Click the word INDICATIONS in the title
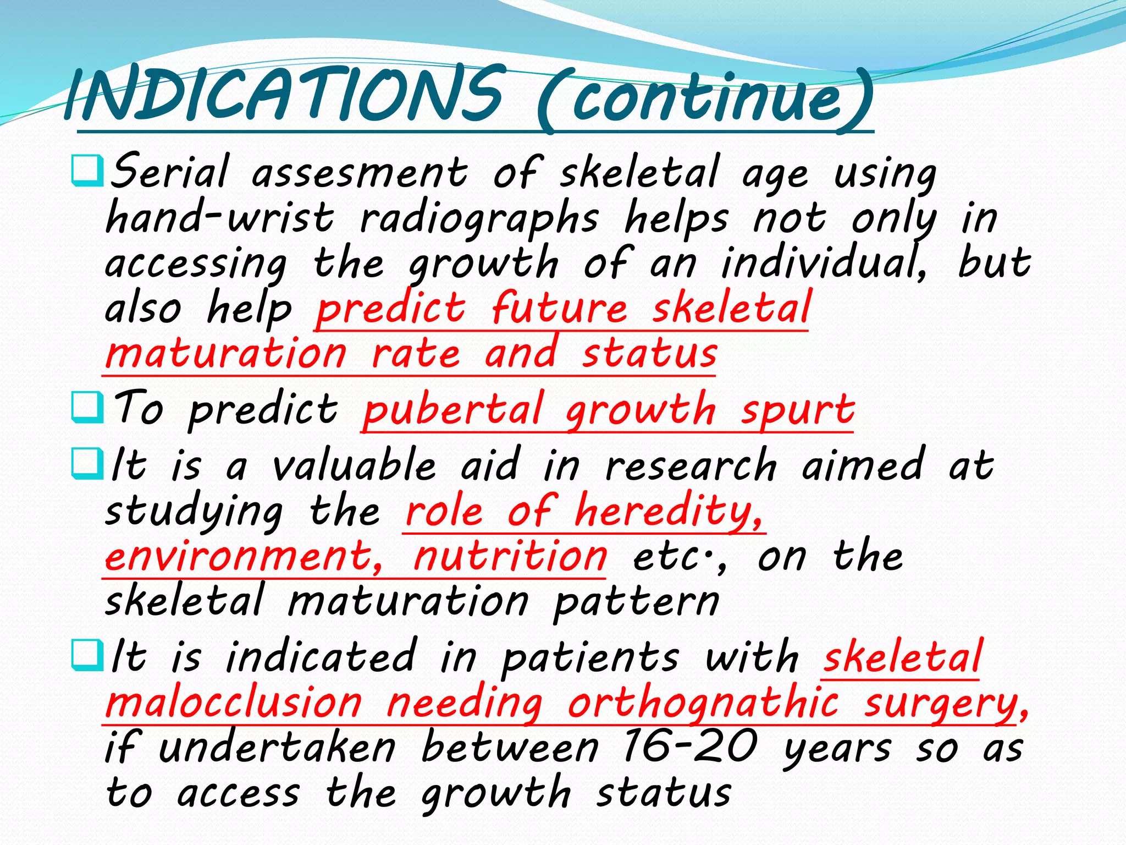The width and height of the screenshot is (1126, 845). click(x=283, y=95)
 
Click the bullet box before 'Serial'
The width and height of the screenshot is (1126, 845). click(x=87, y=171)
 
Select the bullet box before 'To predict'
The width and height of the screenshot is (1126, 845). click(x=87, y=408)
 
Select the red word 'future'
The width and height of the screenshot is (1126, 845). click(x=559, y=308)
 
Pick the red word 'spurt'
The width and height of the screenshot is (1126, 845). click(x=797, y=410)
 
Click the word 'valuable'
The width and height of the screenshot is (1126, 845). click(x=355, y=465)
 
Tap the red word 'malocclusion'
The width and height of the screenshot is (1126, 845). click(x=234, y=703)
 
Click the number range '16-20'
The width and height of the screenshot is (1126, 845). click(x=690, y=747)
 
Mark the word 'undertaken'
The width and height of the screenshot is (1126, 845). click(x=277, y=748)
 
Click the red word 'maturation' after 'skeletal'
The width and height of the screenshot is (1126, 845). click(x=226, y=353)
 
